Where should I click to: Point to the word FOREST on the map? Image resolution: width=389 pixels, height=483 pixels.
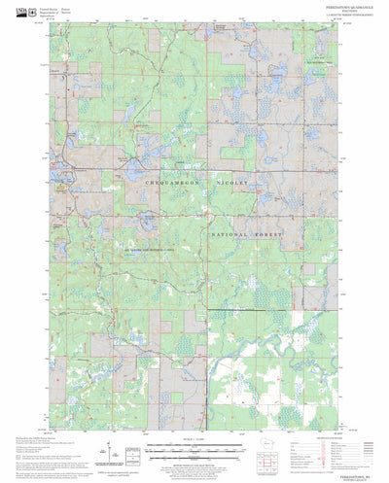(x=269, y=234)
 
